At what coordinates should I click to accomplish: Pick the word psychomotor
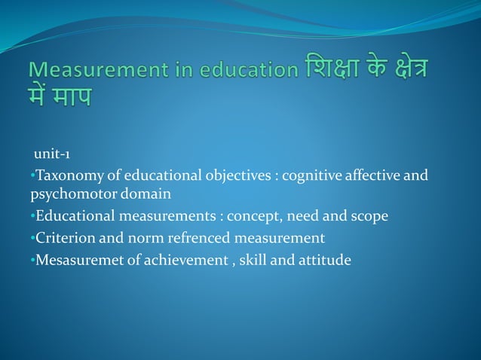pyautogui.click(x=72, y=194)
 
